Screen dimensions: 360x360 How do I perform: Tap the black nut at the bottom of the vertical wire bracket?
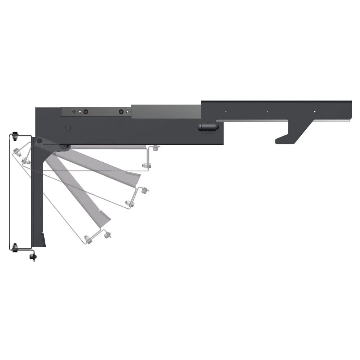click(x=15, y=247)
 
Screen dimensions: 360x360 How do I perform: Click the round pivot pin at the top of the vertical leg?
click(x=39, y=140)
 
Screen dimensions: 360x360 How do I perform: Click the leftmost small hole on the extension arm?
click(x=225, y=112)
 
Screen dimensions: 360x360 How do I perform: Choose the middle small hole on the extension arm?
click(x=267, y=112)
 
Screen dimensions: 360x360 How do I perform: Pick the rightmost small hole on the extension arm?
click(x=314, y=112)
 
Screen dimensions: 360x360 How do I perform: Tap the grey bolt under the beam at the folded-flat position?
click(x=155, y=148)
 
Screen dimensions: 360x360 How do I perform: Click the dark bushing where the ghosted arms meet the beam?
click(x=65, y=147)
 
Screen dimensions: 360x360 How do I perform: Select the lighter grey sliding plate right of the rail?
click(x=166, y=112)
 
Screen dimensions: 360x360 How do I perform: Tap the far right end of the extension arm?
click(x=350, y=110)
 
